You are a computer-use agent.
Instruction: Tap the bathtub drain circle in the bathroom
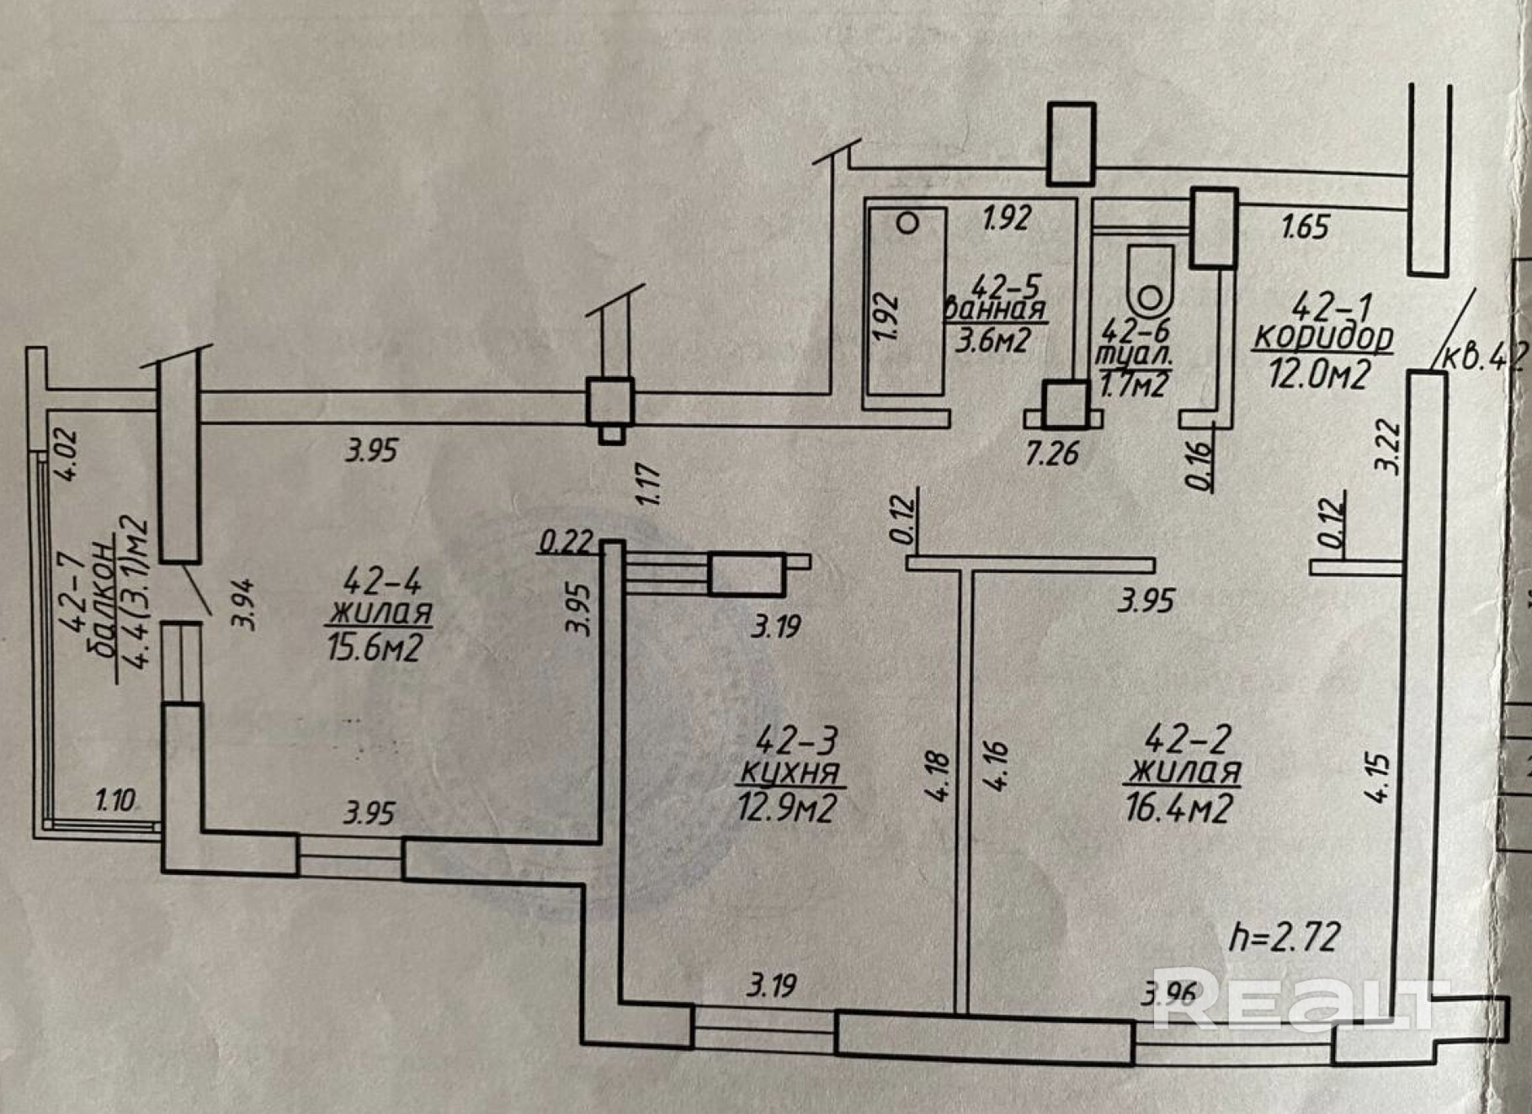point(907,223)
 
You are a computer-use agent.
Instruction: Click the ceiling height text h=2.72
point(1285,936)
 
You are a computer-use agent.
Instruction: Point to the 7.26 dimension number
point(1052,454)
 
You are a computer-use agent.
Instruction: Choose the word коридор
point(1323,337)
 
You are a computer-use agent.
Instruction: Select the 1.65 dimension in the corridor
point(1305,226)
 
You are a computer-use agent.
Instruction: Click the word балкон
point(103,600)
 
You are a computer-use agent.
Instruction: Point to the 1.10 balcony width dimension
point(115,799)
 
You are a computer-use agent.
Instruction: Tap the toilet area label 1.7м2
point(1134,385)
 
